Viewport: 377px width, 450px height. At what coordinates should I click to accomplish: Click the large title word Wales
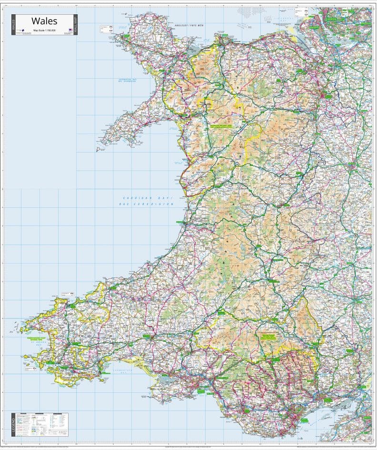point(44,21)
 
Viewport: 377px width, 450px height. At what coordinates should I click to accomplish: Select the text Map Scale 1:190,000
point(44,31)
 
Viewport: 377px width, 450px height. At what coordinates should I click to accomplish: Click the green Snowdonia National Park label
point(223,126)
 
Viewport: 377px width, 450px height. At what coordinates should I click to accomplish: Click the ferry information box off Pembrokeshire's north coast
point(65,295)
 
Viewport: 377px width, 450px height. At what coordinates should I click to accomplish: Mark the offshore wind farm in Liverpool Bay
point(248,11)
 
